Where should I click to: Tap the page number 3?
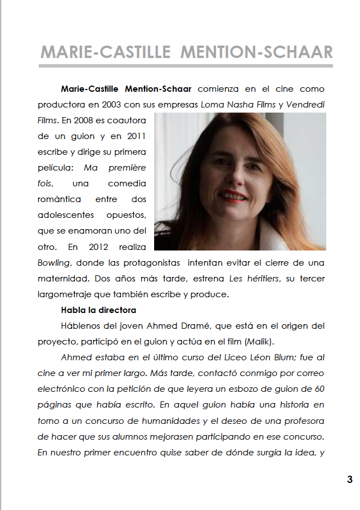(x=349, y=480)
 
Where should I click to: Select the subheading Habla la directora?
(x=98, y=310)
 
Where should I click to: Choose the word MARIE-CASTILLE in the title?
(x=105, y=53)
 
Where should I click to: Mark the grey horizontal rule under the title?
(x=186, y=66)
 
